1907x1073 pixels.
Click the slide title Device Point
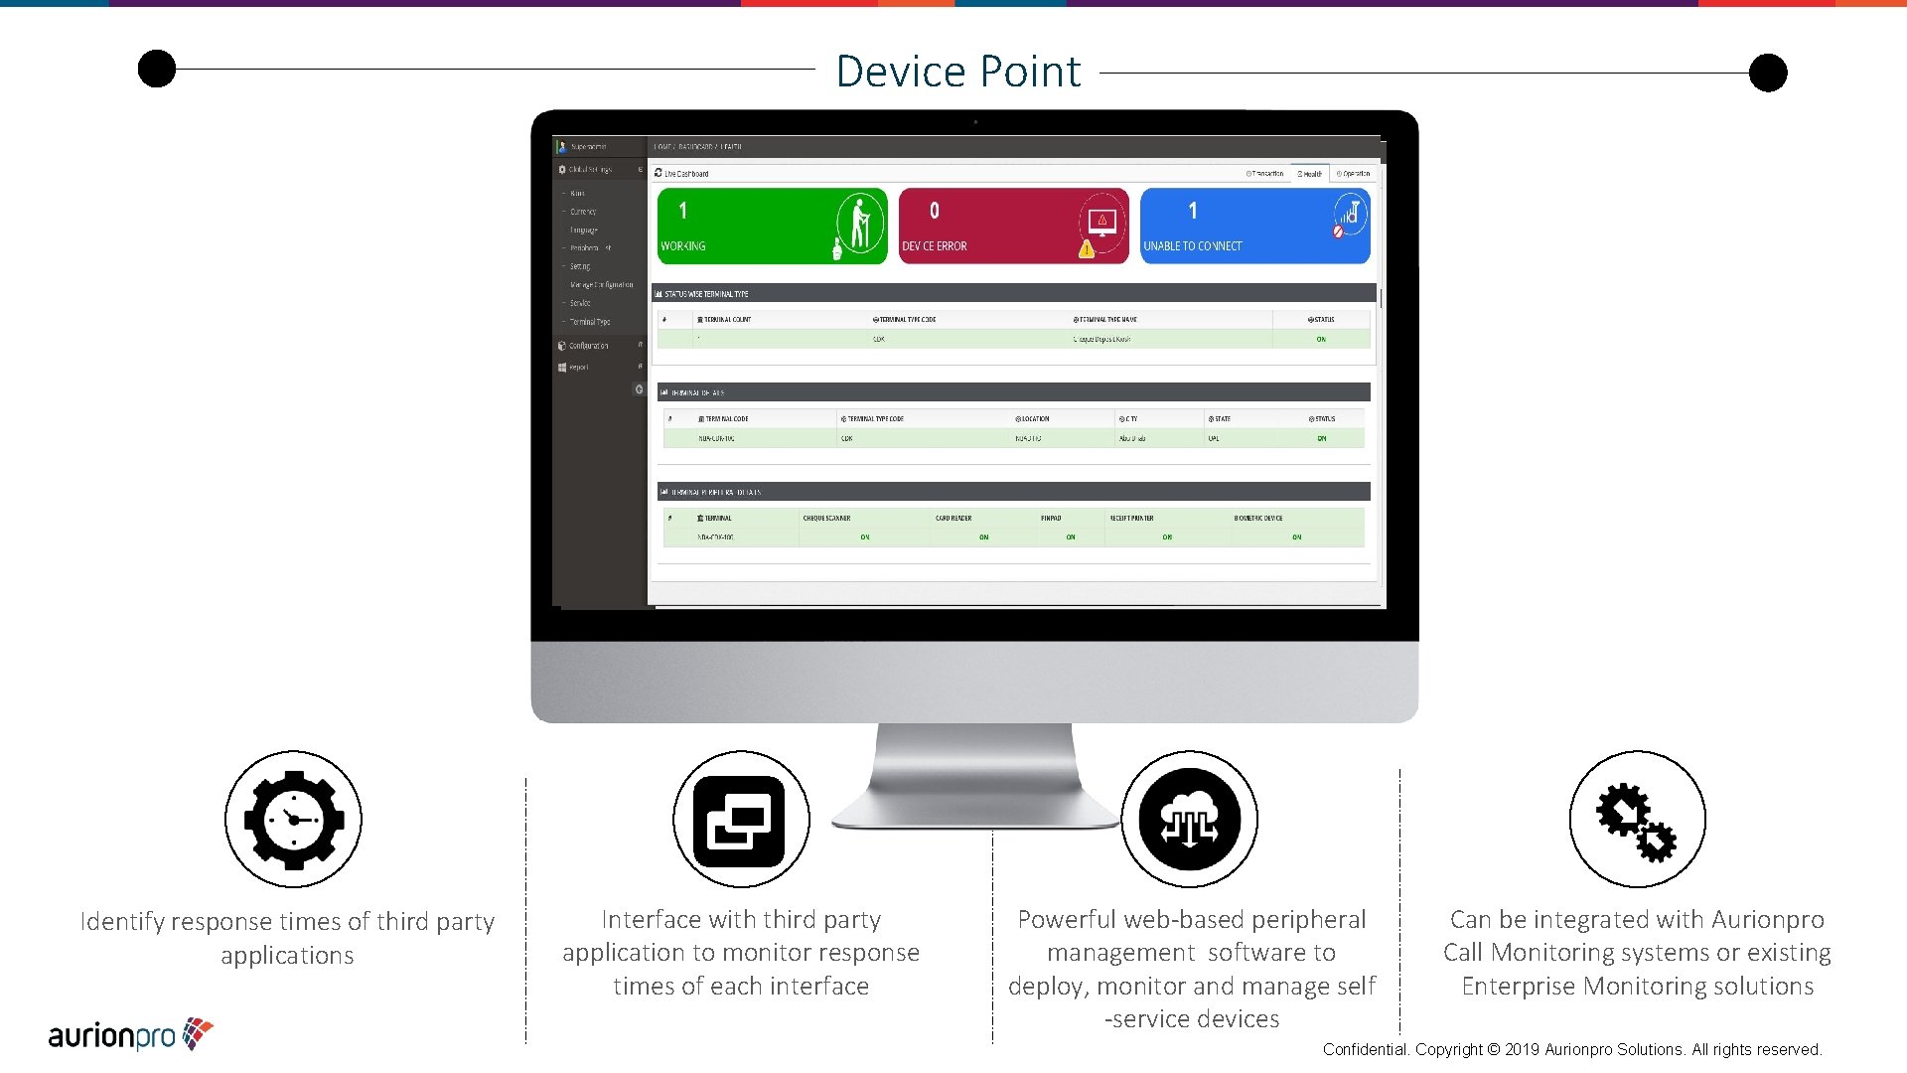(x=957, y=72)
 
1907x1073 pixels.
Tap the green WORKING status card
(x=772, y=227)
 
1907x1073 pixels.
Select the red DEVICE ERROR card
(x=1013, y=227)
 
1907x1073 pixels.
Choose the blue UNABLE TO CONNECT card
(x=1254, y=227)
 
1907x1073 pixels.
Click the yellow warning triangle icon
(x=1087, y=248)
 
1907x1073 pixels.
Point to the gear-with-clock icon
(x=293, y=820)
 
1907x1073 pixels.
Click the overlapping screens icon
(x=740, y=821)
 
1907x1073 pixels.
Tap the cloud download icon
(x=1189, y=821)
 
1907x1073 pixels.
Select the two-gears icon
(x=1637, y=821)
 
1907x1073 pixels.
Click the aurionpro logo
(x=130, y=1035)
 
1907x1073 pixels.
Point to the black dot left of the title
(x=157, y=69)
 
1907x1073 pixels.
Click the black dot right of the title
(x=1768, y=73)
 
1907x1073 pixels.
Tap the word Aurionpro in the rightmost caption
(x=1768, y=920)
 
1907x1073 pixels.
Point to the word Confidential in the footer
(x=1365, y=1050)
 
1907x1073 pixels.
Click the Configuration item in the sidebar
(x=589, y=346)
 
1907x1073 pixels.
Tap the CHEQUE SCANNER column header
(x=826, y=518)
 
